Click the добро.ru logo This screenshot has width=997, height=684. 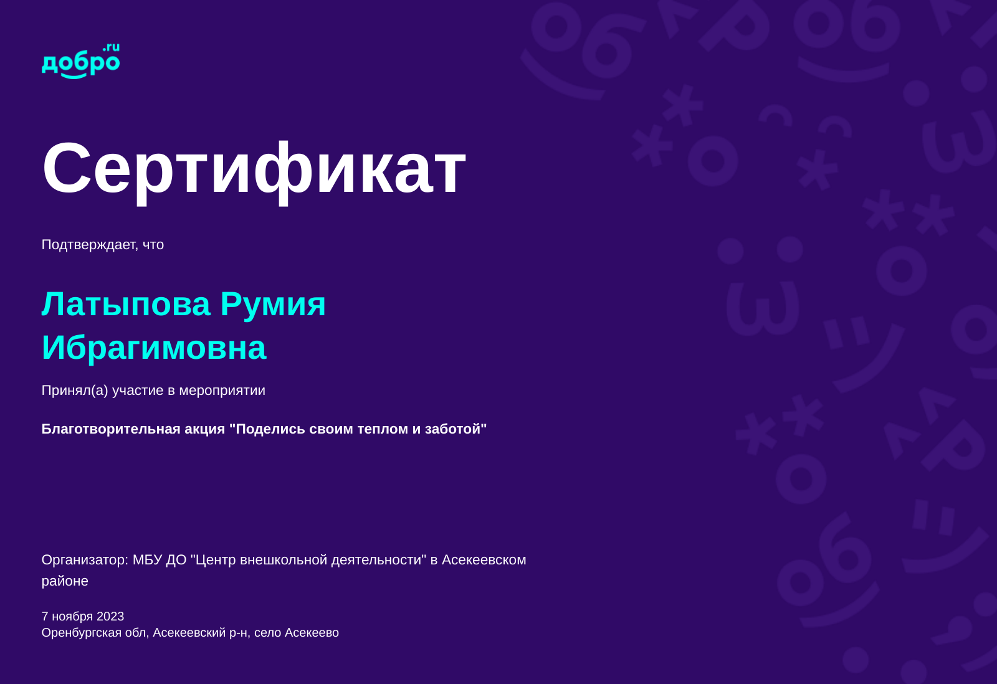pyautogui.click(x=80, y=61)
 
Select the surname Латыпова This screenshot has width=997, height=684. pyautogui.click(x=126, y=305)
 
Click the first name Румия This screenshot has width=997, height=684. pyautogui.click(x=273, y=305)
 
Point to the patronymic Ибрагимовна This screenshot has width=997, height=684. pyautogui.click(x=154, y=348)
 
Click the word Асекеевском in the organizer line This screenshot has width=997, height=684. pyautogui.click(x=484, y=560)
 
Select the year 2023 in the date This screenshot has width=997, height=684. pyautogui.click(x=110, y=616)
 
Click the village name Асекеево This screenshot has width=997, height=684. pyautogui.click(x=312, y=633)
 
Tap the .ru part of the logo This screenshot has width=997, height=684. pyautogui.click(x=112, y=47)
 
